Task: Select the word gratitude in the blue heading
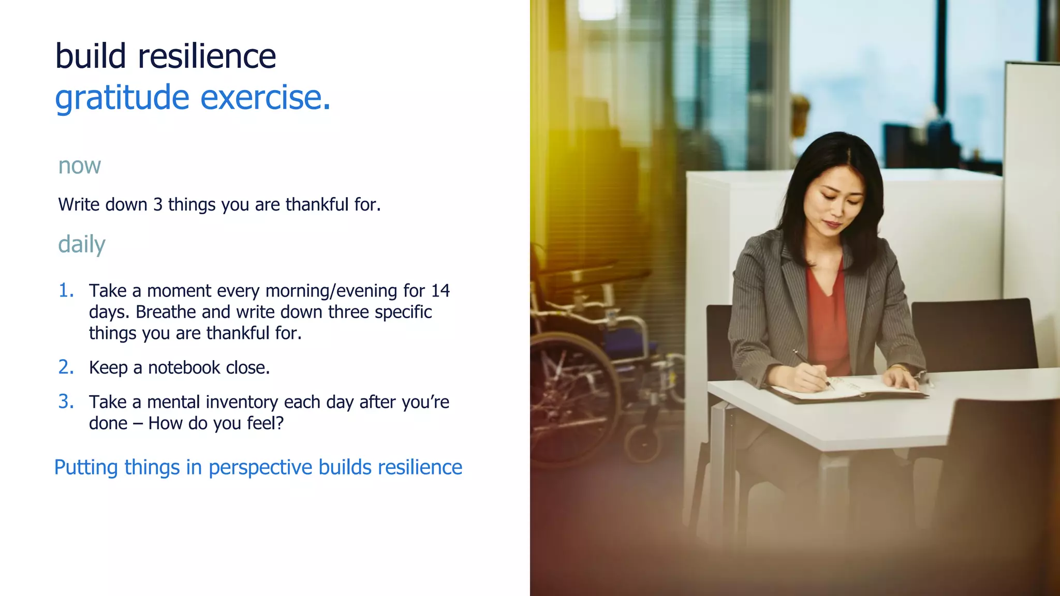point(122,98)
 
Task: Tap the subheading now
point(79,166)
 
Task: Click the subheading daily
point(81,244)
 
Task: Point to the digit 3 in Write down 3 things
point(157,205)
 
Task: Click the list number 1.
point(66,291)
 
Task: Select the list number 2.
point(66,367)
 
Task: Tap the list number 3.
point(66,402)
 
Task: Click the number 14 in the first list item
point(440,291)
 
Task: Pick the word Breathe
point(166,312)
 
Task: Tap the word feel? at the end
point(265,423)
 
